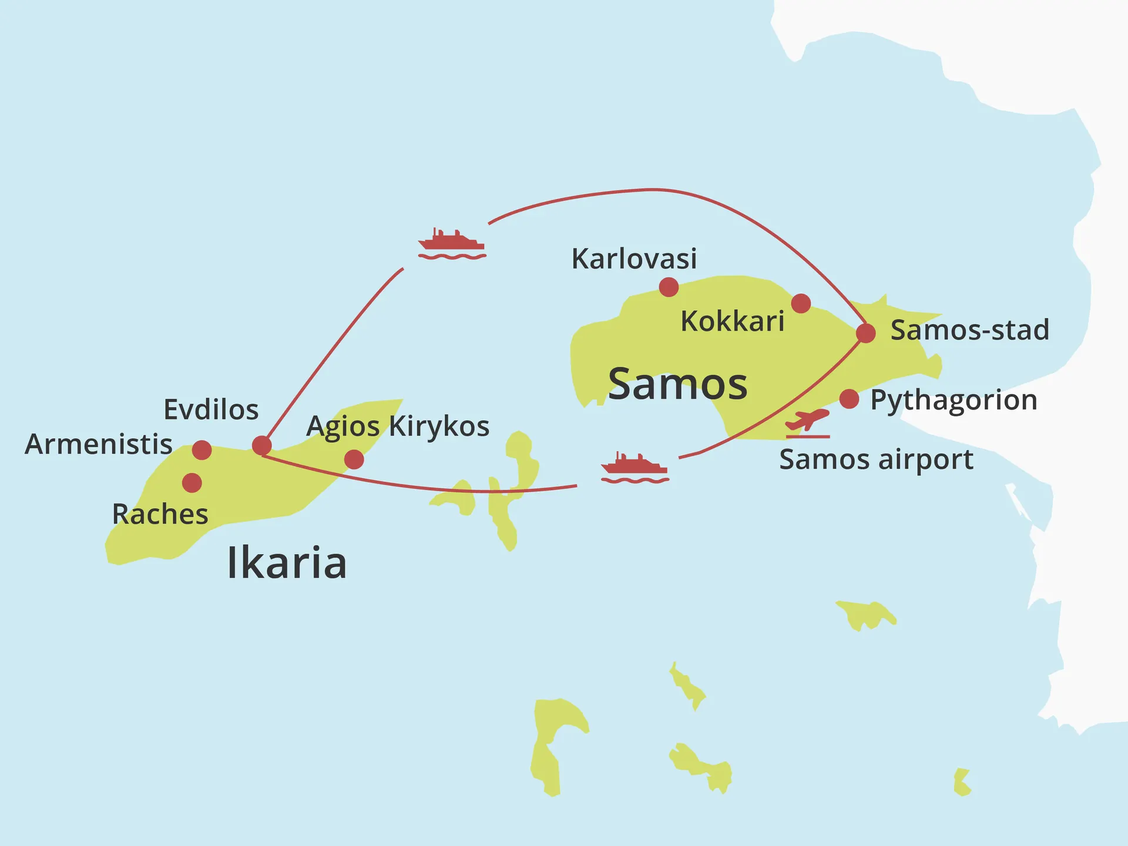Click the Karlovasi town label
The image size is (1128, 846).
click(x=634, y=259)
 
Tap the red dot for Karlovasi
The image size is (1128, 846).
click(x=669, y=287)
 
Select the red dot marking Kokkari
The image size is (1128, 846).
click(x=801, y=303)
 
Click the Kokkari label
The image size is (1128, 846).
click(x=732, y=322)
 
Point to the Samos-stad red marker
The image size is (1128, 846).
click(x=865, y=333)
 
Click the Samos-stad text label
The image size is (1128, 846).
click(x=969, y=330)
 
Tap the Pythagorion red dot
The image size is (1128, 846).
click(x=849, y=399)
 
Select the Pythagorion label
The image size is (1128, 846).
click(x=954, y=401)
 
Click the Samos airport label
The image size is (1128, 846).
click(x=876, y=460)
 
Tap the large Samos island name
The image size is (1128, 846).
click(x=677, y=384)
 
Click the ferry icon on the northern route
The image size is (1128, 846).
click(x=451, y=244)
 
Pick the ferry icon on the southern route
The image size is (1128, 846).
click(x=634, y=468)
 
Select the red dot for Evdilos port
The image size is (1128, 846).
click(x=261, y=445)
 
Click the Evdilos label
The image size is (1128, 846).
click(x=211, y=410)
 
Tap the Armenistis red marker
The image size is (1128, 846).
click(x=202, y=450)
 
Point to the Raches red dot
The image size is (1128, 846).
click(x=192, y=483)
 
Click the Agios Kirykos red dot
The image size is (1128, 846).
click(x=354, y=459)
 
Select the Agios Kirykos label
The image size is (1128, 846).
click(x=398, y=427)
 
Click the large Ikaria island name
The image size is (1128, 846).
click(x=287, y=563)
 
